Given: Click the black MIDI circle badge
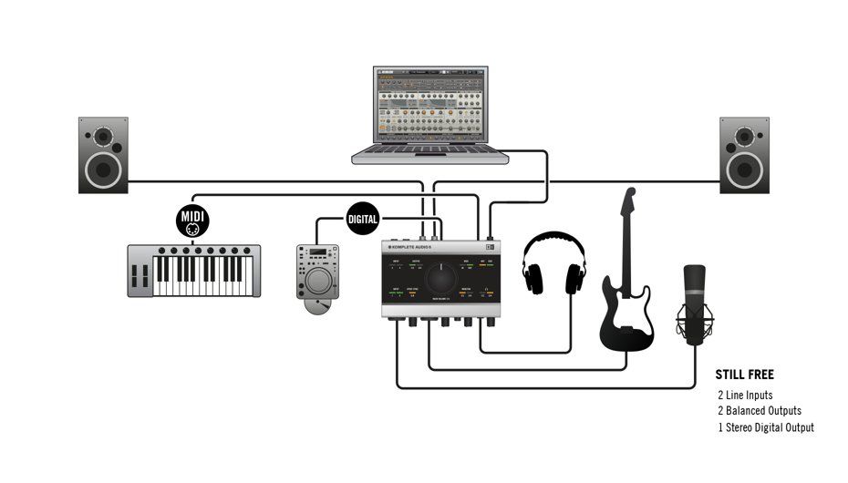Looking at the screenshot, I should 192,220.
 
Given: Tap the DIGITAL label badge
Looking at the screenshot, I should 362,220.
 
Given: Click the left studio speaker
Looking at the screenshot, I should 103,154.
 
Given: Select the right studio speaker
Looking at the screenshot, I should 744,154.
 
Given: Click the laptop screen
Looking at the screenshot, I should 430,104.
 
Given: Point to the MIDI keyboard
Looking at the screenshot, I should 193,271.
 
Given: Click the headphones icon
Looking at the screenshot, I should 553,265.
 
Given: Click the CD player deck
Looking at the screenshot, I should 318,272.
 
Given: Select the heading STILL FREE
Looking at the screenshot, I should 745,375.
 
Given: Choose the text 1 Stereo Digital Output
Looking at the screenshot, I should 766,427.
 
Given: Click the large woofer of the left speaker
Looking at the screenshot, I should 103,168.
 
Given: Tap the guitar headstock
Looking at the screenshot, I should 628,205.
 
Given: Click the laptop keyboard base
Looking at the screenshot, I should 430,154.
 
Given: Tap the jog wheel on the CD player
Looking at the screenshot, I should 318,282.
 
